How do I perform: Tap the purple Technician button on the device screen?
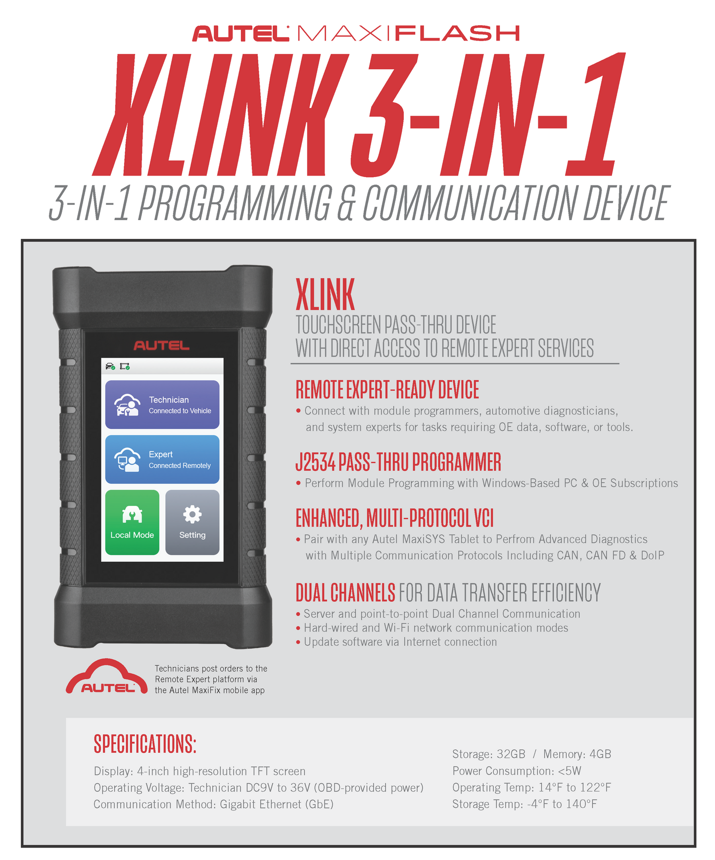pyautogui.click(x=162, y=405)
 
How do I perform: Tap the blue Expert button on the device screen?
pyautogui.click(x=162, y=459)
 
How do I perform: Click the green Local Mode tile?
pyautogui.click(x=132, y=522)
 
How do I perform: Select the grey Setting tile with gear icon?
pyautogui.click(x=192, y=522)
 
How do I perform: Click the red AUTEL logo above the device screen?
pyautogui.click(x=161, y=346)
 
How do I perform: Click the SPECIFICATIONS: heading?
pyautogui.click(x=145, y=744)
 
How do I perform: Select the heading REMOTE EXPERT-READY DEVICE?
pyautogui.click(x=387, y=390)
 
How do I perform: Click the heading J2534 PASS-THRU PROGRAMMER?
pyautogui.click(x=398, y=462)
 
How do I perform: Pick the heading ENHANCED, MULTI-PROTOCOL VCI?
pyautogui.click(x=394, y=518)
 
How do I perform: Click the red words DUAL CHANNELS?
pyautogui.click(x=345, y=592)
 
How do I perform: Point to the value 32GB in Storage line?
pyautogui.click(x=511, y=754)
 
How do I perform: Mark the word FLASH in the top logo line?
pyautogui.click(x=458, y=34)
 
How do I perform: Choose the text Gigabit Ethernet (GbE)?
pyautogui.click(x=277, y=805)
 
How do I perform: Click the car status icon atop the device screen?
pyautogui.click(x=110, y=366)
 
